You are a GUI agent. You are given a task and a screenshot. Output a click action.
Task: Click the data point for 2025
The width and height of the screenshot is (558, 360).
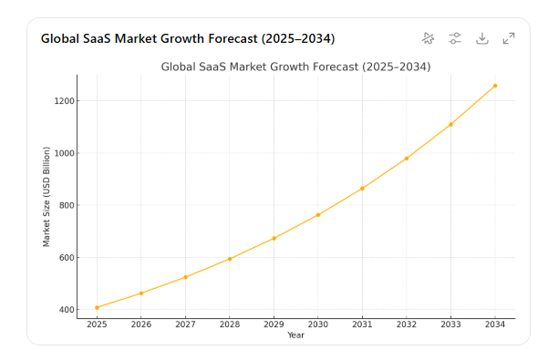(x=97, y=307)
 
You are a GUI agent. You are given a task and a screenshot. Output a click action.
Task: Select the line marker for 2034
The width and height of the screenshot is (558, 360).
(x=495, y=86)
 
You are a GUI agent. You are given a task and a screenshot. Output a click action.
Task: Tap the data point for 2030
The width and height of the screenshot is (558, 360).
(x=318, y=215)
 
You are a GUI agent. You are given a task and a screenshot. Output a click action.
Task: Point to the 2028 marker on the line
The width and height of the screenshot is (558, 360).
(x=230, y=259)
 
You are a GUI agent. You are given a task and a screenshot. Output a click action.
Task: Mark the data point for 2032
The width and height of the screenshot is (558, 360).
(x=407, y=159)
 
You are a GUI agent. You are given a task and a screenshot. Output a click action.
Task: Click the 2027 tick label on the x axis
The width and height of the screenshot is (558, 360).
(x=185, y=324)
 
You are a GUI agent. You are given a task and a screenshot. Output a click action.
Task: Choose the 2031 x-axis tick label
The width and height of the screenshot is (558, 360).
(x=362, y=324)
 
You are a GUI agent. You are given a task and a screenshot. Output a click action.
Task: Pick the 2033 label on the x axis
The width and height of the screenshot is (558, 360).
(x=450, y=324)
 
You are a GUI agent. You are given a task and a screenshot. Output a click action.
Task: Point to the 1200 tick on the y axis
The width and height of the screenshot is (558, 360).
(x=65, y=101)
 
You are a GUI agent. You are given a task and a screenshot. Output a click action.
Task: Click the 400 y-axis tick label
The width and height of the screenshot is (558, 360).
(x=67, y=310)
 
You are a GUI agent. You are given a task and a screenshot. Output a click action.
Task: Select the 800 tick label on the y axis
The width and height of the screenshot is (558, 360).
(x=67, y=206)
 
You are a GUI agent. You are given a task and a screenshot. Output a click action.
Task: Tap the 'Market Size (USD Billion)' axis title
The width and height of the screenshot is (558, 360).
(x=46, y=196)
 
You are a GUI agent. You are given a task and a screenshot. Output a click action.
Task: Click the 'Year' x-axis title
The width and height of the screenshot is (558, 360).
(x=295, y=335)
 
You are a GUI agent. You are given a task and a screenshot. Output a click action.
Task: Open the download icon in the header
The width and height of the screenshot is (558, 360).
(x=482, y=38)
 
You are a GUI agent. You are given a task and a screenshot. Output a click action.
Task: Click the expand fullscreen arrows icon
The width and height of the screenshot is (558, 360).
(x=509, y=38)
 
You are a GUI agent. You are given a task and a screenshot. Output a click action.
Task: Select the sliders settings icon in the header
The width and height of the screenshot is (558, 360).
(x=455, y=38)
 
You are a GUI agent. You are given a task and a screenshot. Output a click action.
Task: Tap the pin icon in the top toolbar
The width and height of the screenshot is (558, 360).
(x=429, y=38)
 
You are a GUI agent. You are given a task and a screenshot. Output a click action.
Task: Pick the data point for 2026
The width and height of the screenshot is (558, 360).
(x=141, y=293)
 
